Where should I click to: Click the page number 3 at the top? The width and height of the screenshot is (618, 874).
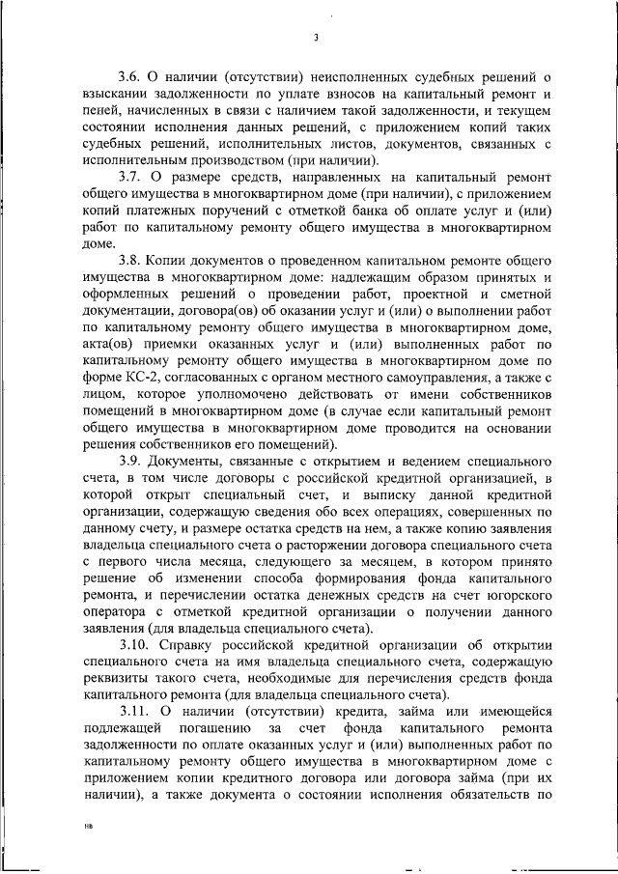point(316,39)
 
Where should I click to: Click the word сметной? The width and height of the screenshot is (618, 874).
point(522,296)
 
